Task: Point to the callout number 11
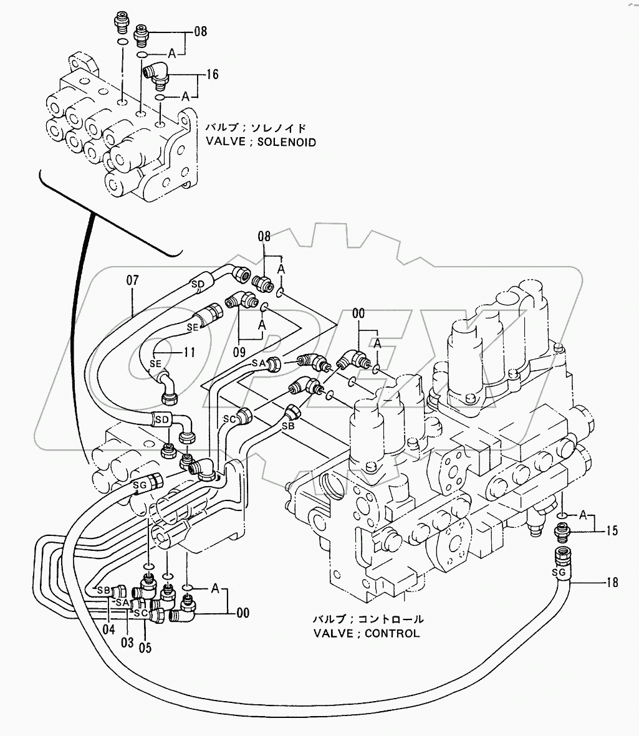point(190,352)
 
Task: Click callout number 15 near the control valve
point(612,530)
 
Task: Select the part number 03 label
point(127,642)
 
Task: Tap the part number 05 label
point(145,647)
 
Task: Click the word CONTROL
point(392,634)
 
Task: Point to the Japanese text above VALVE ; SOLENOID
point(256,128)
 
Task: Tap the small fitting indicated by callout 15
point(564,531)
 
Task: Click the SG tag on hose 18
point(559,571)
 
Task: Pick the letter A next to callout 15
point(583,515)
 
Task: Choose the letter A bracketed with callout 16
point(185,97)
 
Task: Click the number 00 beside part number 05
point(243,613)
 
